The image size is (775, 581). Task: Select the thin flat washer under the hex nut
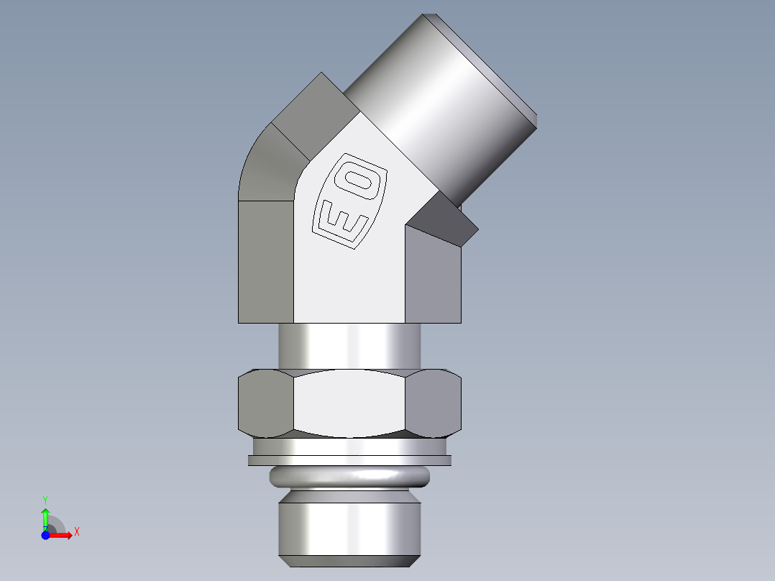point(349,460)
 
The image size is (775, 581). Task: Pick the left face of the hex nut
point(265,403)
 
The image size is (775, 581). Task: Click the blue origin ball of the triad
point(45,536)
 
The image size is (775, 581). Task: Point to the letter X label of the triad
point(77,531)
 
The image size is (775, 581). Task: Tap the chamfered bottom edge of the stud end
point(349,560)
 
